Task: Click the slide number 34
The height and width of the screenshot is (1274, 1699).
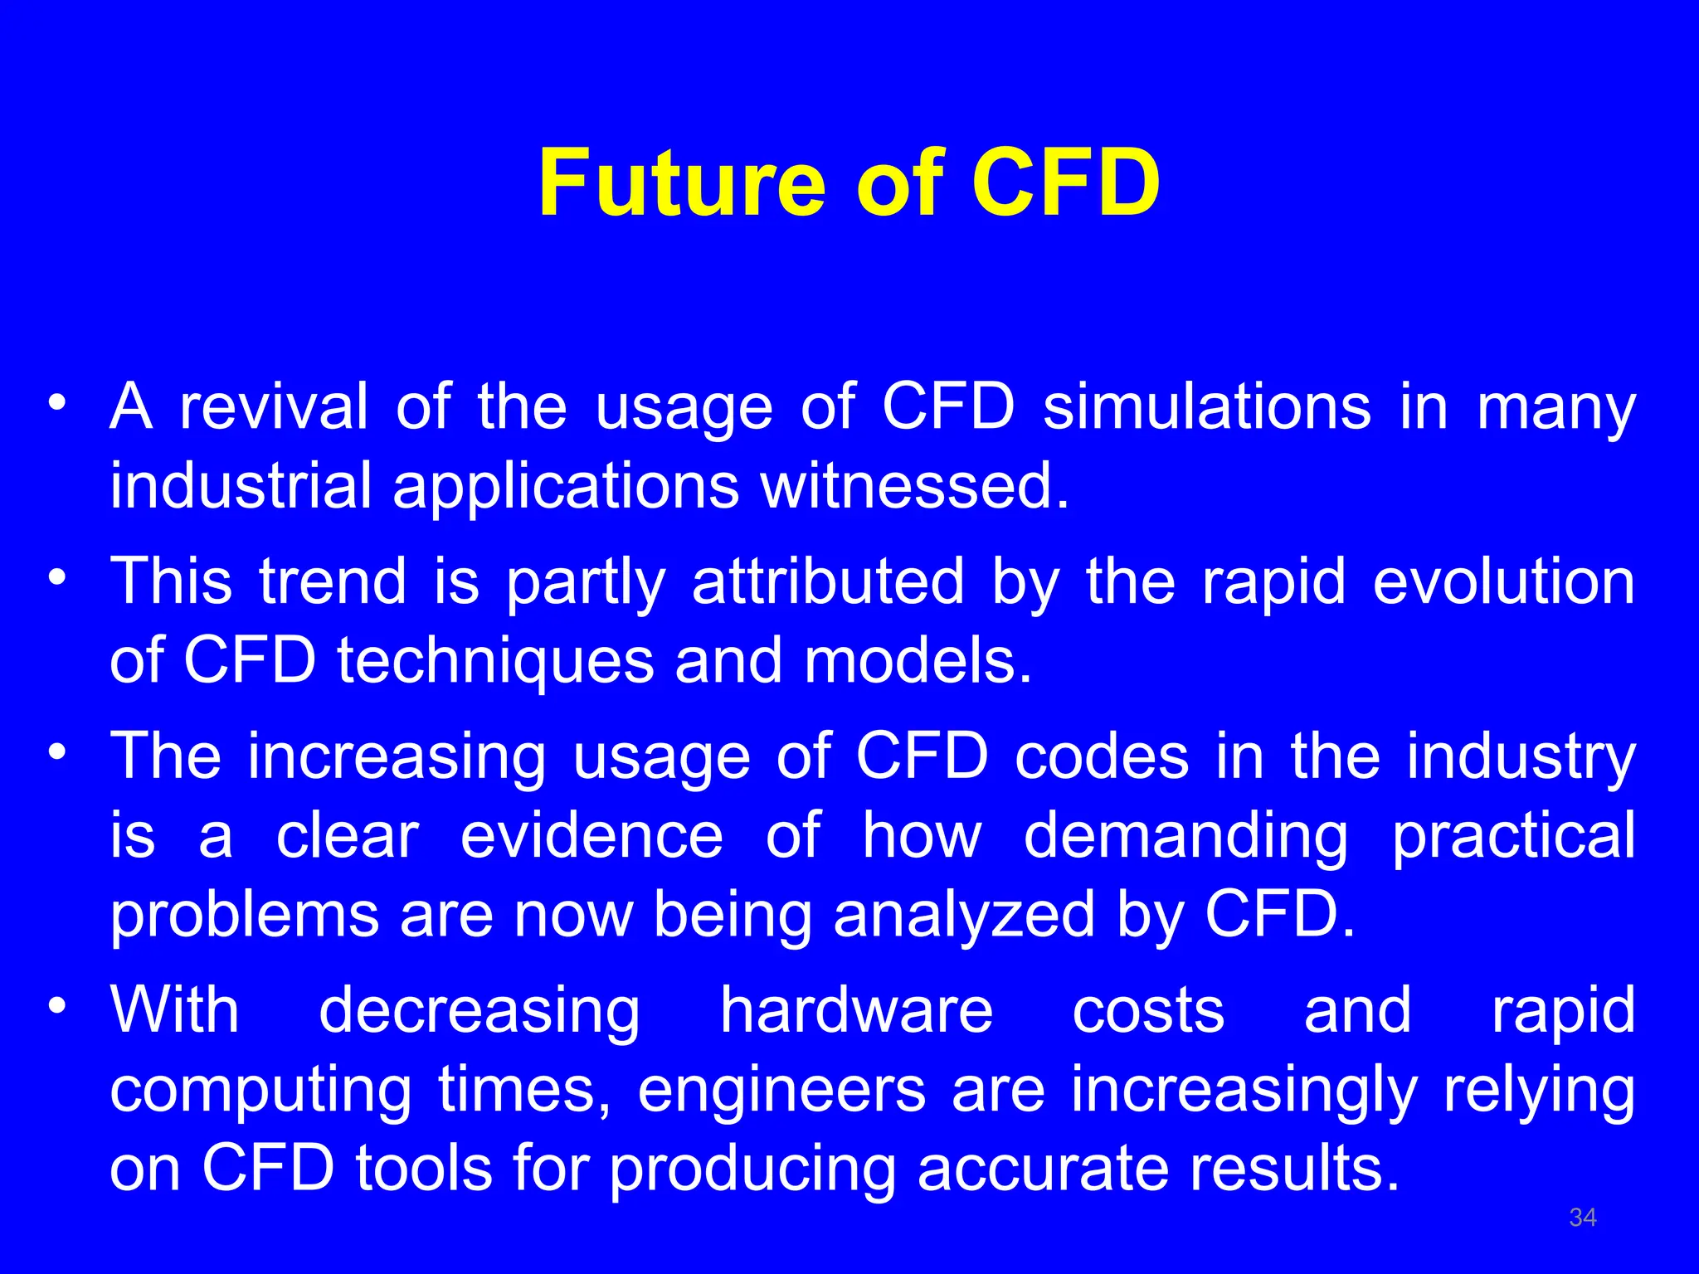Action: point(1583,1218)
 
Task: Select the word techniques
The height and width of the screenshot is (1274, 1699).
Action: point(495,662)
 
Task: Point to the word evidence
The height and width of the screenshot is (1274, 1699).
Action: point(591,836)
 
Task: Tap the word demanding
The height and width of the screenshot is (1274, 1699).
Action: point(1185,836)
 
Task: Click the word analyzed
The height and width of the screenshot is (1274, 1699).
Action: point(964,915)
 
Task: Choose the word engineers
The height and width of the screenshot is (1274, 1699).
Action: point(781,1090)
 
